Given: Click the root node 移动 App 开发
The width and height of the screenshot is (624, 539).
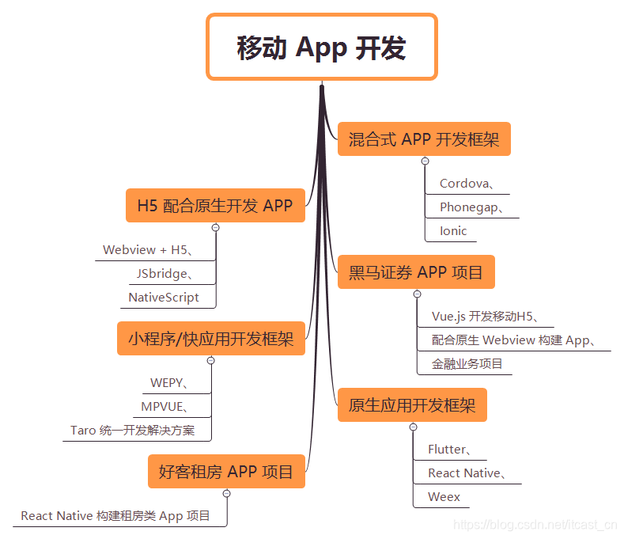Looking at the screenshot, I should tap(321, 47).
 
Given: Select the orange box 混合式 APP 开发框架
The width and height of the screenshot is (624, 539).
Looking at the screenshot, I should tap(424, 140).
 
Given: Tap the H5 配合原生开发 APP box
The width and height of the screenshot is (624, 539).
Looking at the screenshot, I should tap(215, 206).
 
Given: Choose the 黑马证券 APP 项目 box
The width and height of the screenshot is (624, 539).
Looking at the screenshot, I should tap(416, 272).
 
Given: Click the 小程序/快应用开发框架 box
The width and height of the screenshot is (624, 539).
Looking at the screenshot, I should tap(211, 339).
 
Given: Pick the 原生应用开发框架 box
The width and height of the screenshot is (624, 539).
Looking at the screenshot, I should tap(412, 406).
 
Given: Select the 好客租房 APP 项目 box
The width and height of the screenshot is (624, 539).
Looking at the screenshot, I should tap(226, 472).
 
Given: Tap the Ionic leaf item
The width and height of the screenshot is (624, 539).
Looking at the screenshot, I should tap(453, 231).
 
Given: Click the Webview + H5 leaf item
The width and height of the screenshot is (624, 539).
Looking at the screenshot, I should tap(148, 250).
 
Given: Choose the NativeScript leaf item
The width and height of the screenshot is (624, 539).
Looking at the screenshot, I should tap(164, 298).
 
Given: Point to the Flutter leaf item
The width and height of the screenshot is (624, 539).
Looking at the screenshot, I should tap(450, 450).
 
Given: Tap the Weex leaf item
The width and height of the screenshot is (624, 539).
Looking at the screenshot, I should tap(444, 497).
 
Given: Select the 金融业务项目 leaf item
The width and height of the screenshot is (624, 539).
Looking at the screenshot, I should tap(467, 364).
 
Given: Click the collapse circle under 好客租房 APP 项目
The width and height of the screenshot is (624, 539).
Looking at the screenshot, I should tap(227, 493).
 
